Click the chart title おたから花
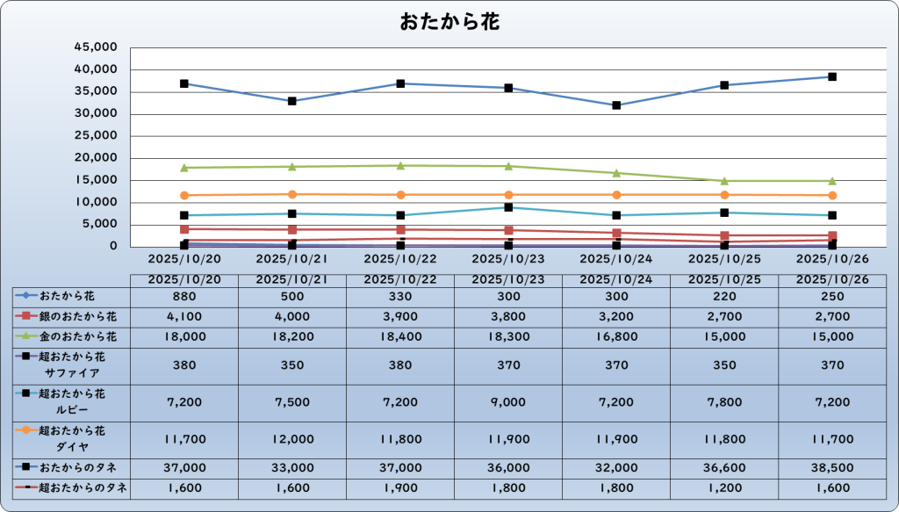pos(449,21)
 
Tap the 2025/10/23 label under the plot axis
pos(508,260)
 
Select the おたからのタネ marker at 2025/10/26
pos(832,77)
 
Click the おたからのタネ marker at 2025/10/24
pos(616,105)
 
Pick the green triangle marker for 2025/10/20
pos(184,168)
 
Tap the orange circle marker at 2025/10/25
pos(724,195)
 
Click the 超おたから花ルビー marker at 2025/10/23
pos(508,207)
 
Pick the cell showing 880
pos(184,297)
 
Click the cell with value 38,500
pos(832,468)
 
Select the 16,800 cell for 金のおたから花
pos(616,335)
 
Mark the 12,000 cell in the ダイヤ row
pos(292,438)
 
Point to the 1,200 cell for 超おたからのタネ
pos(724,487)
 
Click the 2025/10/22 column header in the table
pos(400,279)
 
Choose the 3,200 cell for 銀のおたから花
pos(616,316)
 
